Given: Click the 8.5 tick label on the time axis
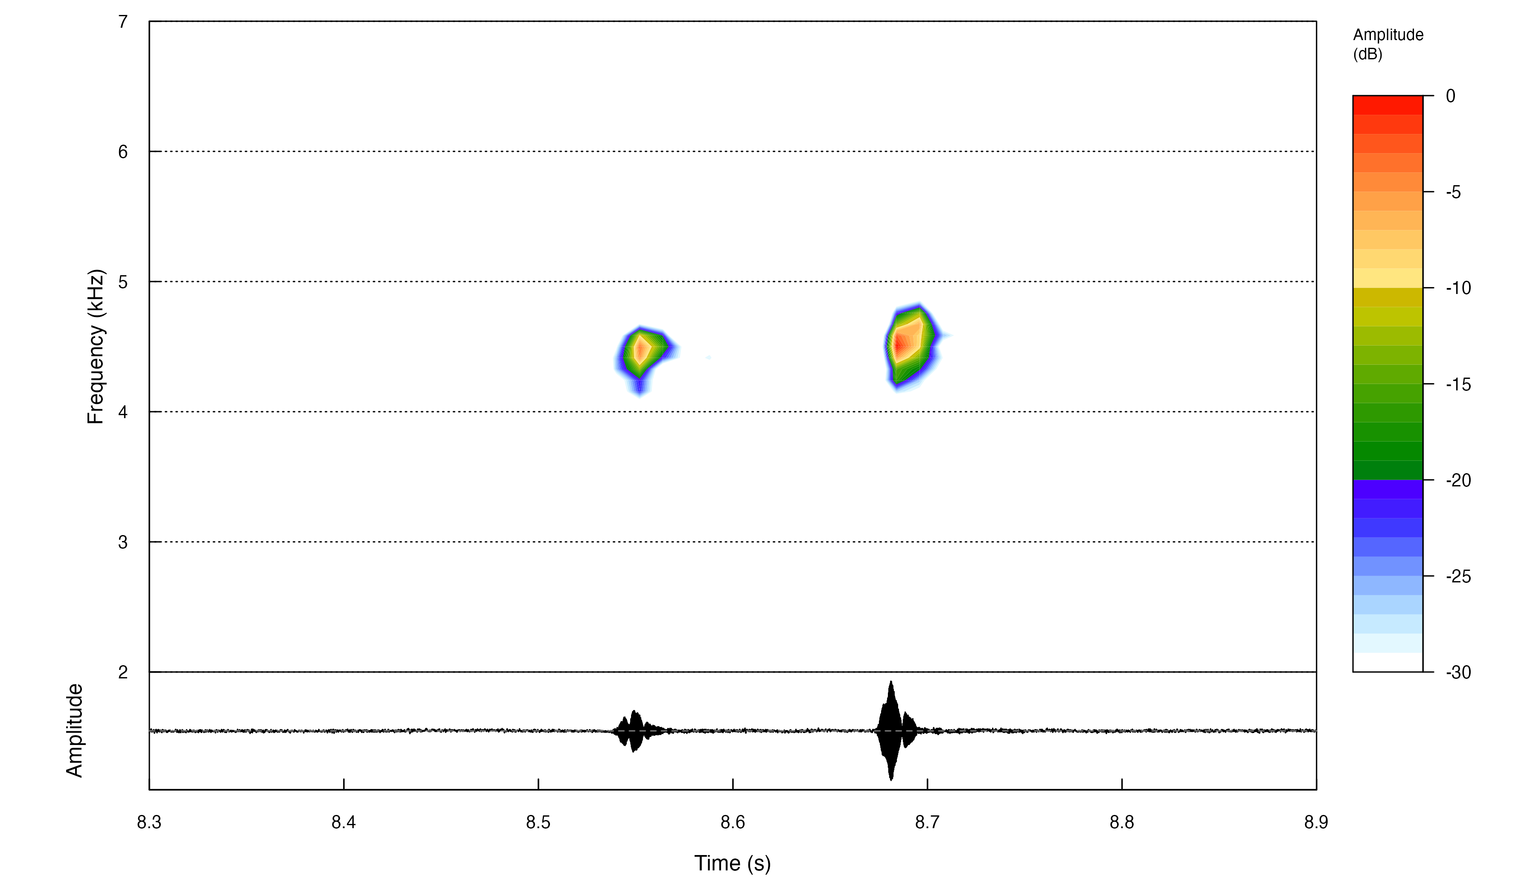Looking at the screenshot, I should pyautogui.click(x=538, y=823).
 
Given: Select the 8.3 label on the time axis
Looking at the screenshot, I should pyautogui.click(x=149, y=823).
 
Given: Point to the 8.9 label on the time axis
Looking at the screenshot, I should pyautogui.click(x=1316, y=823).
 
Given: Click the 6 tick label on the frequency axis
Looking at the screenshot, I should pyautogui.click(x=123, y=152).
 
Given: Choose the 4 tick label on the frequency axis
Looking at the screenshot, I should pyautogui.click(x=123, y=412).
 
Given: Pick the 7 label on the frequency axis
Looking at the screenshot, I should pyautogui.click(x=123, y=22).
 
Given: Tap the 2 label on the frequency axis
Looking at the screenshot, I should pyautogui.click(x=123, y=672).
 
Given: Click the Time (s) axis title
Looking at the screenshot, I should pyautogui.click(x=732, y=864).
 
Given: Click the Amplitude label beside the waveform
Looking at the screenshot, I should pyautogui.click(x=74, y=730).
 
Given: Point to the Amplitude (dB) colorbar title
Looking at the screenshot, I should pyautogui.click(x=1388, y=44).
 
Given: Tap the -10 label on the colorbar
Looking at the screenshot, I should pyautogui.click(x=1458, y=288).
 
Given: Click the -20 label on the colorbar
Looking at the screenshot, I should pyautogui.click(x=1458, y=481).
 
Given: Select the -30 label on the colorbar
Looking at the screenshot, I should pyautogui.click(x=1458, y=673).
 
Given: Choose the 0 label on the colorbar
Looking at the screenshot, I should pyautogui.click(x=1451, y=96).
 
